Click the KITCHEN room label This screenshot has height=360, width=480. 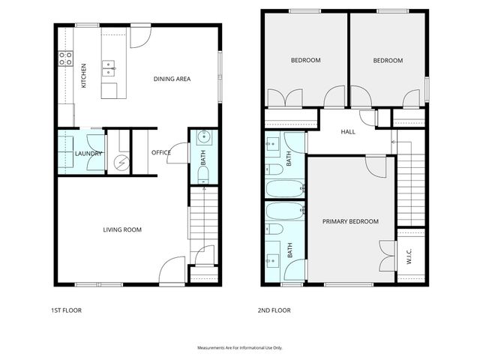pos(84,76)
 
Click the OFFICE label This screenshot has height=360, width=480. pos(160,153)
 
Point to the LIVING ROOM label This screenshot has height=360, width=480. pos(122,229)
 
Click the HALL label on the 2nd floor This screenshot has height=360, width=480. pos(349,132)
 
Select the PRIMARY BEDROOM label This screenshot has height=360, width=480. pos(350,221)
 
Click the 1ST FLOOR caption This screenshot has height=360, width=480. pos(66,310)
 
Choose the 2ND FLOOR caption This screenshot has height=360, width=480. pos(275,310)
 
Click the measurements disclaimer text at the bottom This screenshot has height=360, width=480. pos(239,348)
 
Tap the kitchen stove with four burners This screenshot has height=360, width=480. pos(65,55)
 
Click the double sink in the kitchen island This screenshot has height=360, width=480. pos(109,69)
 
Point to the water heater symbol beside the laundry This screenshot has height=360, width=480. pos(118,160)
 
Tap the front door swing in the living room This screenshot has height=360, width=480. pos(173,268)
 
